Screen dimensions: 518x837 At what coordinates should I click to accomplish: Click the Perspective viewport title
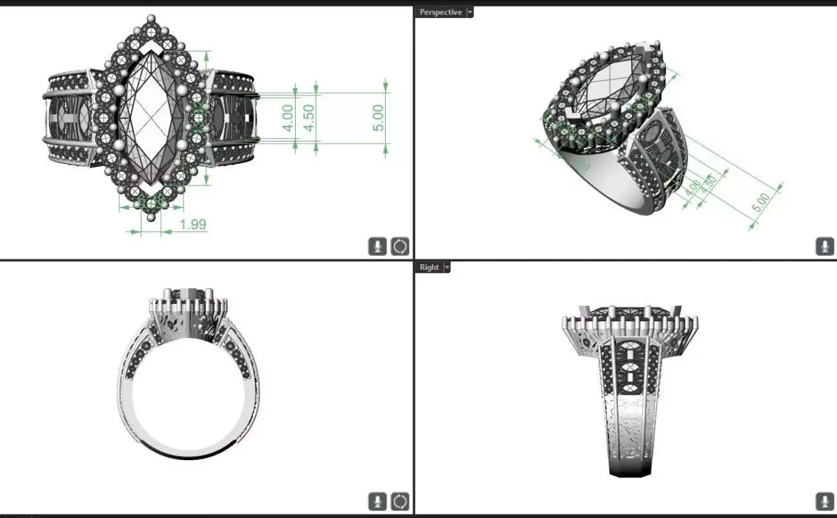tap(440, 12)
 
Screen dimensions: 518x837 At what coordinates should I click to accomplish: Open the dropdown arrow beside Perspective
tap(469, 12)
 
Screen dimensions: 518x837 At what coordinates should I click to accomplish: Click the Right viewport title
tap(429, 267)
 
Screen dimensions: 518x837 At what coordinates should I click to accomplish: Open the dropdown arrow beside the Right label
tap(447, 267)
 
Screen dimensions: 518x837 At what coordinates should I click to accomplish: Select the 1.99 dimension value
tap(193, 224)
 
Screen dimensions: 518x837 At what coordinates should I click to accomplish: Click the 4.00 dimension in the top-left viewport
tap(287, 117)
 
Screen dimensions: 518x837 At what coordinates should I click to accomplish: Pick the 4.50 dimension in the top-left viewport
tap(309, 117)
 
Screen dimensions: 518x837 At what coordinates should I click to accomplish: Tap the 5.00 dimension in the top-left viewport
tap(377, 117)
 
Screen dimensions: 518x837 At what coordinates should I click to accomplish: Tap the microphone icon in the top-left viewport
tap(377, 246)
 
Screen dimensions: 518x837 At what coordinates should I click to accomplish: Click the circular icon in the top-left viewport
tap(400, 246)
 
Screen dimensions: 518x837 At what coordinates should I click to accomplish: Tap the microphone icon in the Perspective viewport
tap(824, 246)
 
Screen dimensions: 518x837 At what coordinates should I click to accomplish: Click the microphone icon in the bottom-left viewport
tap(377, 501)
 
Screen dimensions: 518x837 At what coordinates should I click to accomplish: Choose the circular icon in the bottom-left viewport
tap(400, 501)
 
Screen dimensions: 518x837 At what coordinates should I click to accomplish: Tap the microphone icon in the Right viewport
tap(824, 501)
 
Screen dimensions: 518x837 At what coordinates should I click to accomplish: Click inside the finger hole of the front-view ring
tap(188, 404)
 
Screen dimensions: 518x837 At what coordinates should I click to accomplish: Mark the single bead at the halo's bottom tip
tap(151, 217)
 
